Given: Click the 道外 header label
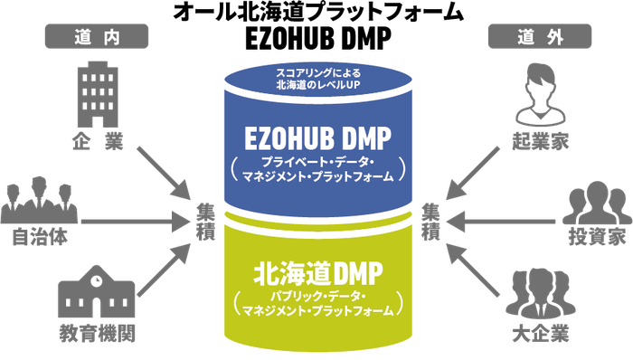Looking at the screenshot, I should [541, 37].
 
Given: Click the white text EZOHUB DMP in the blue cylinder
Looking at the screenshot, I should [316, 137].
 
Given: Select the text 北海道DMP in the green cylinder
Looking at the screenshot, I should [316, 270].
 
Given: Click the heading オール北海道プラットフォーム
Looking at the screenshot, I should [316, 12].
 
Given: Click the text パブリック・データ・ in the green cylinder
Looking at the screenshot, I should [316, 295].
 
